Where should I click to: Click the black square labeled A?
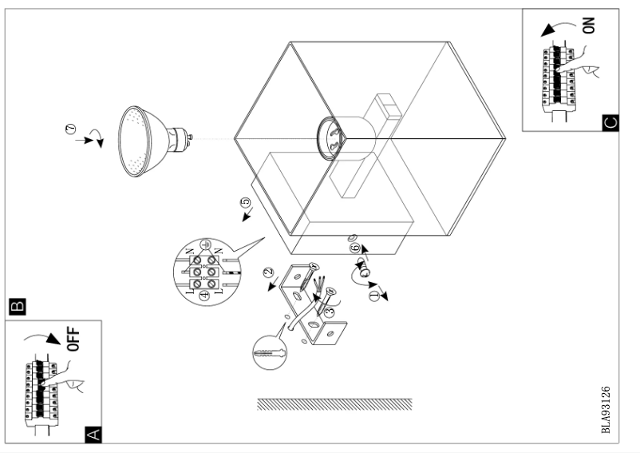coord(93,434)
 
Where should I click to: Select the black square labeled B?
coord(15,305)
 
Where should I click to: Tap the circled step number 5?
coord(245,203)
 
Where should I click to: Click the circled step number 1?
coord(372,296)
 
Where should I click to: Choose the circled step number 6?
coord(354,249)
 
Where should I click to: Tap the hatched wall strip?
coord(334,403)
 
